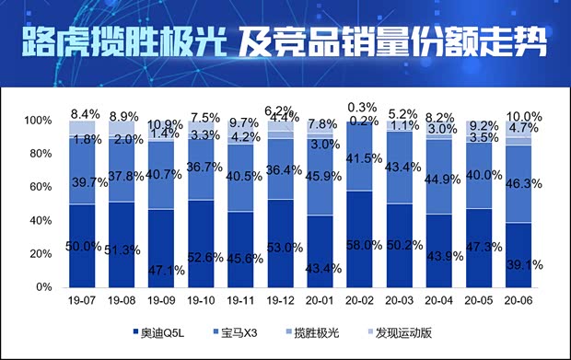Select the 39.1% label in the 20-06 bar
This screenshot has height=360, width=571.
(521, 262)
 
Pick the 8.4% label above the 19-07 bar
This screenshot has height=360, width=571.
(82, 113)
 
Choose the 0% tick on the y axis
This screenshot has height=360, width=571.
(43, 287)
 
